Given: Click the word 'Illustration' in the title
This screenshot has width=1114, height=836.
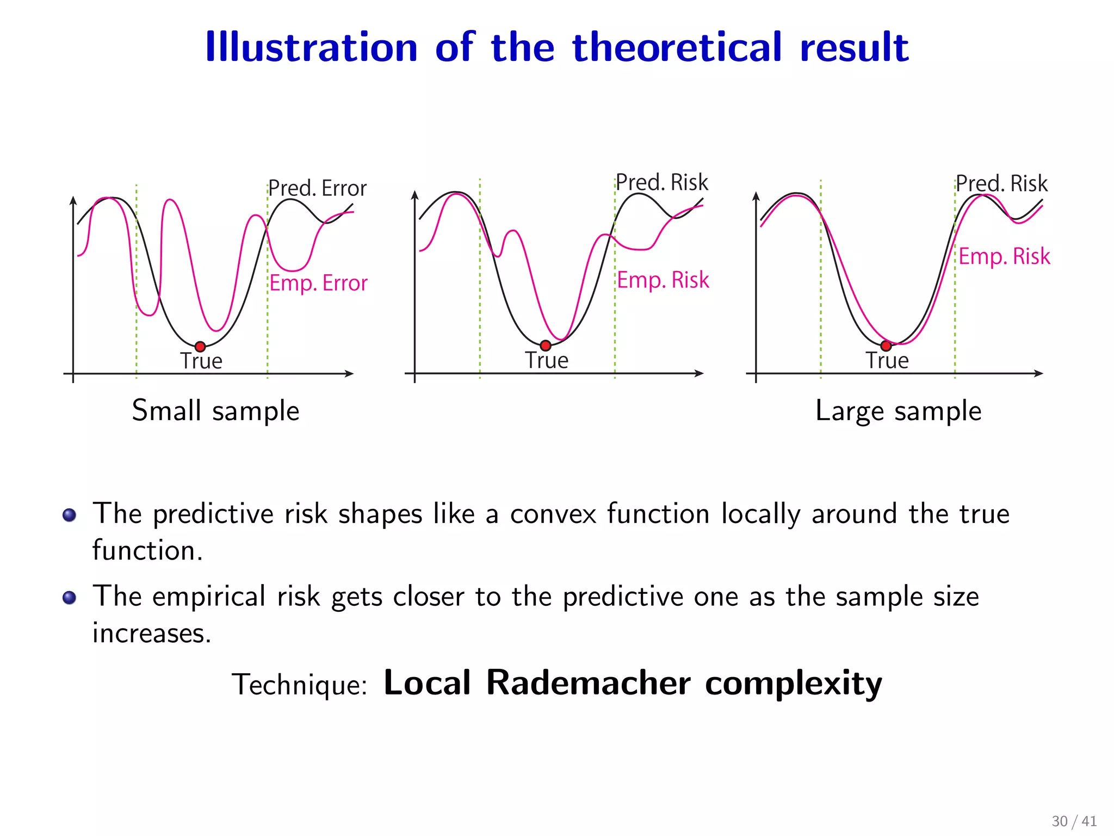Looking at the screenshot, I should [311, 47].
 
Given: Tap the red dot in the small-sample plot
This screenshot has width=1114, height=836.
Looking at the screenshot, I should [200, 347].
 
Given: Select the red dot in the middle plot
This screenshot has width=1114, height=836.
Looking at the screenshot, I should [546, 345].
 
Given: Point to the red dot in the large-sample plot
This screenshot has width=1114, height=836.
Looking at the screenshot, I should [886, 346].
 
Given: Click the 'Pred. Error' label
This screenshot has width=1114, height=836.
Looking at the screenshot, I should [318, 188].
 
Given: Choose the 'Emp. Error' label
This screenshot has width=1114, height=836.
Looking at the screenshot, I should [319, 283].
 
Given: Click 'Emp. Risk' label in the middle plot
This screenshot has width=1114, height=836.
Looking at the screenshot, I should [663, 280].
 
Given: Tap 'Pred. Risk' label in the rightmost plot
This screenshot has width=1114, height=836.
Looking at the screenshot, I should [1001, 183].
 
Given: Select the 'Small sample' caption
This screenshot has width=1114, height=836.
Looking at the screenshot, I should [215, 411].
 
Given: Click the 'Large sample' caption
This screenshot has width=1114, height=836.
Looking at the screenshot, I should [899, 411].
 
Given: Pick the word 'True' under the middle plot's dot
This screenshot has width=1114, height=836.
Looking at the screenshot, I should [547, 360].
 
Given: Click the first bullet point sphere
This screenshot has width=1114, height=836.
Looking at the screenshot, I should [69, 515].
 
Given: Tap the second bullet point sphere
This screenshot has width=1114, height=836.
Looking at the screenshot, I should [69, 598].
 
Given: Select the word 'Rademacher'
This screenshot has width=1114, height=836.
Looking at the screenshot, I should [588, 683].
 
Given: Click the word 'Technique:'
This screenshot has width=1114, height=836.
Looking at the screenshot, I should [300, 685].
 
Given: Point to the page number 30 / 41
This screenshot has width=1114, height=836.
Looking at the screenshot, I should [1074, 821].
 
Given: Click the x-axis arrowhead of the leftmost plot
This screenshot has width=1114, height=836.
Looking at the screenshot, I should [350, 373].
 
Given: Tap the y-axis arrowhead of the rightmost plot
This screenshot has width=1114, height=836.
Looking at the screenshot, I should [756, 196].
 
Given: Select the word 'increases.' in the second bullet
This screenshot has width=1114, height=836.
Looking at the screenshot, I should [152, 633].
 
